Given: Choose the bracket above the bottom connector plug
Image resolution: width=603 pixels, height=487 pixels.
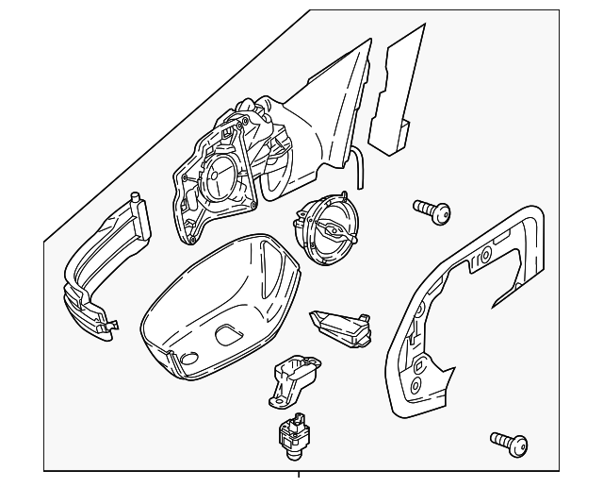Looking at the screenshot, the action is click(x=294, y=378).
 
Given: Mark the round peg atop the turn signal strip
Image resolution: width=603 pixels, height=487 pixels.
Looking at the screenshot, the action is click(x=138, y=199).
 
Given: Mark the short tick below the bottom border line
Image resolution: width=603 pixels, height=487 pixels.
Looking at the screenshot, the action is click(x=299, y=476).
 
